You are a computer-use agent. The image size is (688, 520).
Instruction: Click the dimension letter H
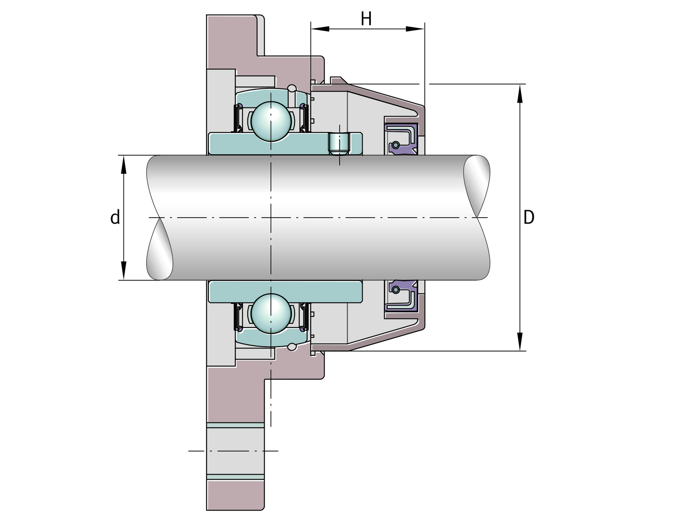pyautogui.click(x=366, y=19)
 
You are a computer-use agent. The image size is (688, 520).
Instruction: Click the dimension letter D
pyautogui.click(x=529, y=217)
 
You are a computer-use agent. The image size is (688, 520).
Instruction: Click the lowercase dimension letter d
pyautogui.click(x=115, y=217)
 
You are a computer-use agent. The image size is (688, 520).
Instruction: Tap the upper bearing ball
pyautogui.click(x=271, y=121)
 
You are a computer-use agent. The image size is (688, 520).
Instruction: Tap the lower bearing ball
pyautogui.click(x=271, y=313)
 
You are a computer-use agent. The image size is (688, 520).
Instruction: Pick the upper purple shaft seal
pyautogui.click(x=401, y=139)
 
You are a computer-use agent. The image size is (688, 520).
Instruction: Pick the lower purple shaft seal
pyautogui.click(x=401, y=296)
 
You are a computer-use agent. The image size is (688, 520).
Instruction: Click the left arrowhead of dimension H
pyautogui.click(x=320, y=29)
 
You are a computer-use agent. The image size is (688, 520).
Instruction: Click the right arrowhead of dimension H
pyautogui.click(x=415, y=29)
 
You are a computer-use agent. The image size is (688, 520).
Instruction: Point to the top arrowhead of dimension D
pyautogui.click(x=520, y=94)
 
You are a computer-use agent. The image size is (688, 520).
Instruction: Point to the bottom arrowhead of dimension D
pyautogui.click(x=520, y=341)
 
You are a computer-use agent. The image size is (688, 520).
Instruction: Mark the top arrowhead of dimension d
pyautogui.click(x=123, y=165)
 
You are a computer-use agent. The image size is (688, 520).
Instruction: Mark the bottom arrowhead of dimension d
pyautogui.click(x=123, y=270)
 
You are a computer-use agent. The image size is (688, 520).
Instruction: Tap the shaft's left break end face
pyautogui.click(x=160, y=249)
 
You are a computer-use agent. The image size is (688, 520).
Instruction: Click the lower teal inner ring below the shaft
pyautogui.click(x=285, y=292)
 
